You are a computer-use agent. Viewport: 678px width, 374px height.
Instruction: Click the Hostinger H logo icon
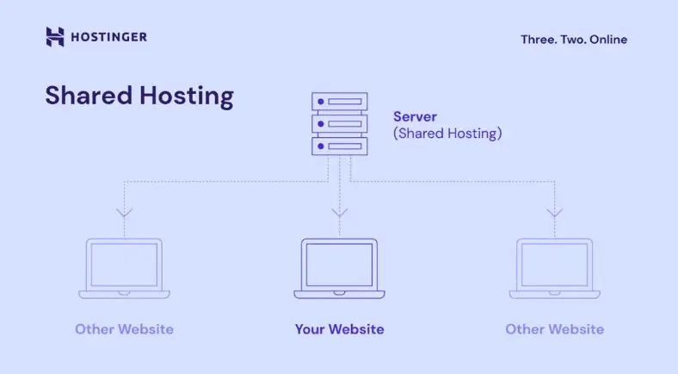point(55,37)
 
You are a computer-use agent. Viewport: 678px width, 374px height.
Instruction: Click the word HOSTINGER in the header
point(108,37)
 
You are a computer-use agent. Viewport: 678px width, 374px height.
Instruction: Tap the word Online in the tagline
point(608,39)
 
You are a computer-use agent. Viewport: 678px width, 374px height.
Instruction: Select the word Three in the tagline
point(538,39)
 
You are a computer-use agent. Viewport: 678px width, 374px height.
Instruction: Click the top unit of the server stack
point(339,102)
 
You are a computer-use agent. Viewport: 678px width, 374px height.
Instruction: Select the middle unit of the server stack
point(339,124)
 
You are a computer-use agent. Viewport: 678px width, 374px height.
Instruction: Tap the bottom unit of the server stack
point(339,146)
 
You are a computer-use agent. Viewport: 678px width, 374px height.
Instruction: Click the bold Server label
point(415,116)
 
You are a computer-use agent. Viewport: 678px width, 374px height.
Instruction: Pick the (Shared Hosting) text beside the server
point(447,134)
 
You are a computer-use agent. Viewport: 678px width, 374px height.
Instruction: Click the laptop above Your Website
point(339,268)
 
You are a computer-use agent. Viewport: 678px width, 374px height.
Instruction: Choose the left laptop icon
point(124,268)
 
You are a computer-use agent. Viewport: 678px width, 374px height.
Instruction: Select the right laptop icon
point(554,268)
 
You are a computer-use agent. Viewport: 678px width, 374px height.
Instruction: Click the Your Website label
point(339,329)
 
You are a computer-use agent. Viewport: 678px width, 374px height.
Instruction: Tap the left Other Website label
point(124,329)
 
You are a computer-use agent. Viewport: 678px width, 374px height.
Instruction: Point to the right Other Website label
point(554,329)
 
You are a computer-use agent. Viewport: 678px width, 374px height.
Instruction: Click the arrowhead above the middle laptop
point(339,212)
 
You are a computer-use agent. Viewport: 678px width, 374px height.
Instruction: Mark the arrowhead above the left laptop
point(124,212)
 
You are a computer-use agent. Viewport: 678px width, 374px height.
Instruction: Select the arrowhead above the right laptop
point(554,212)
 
